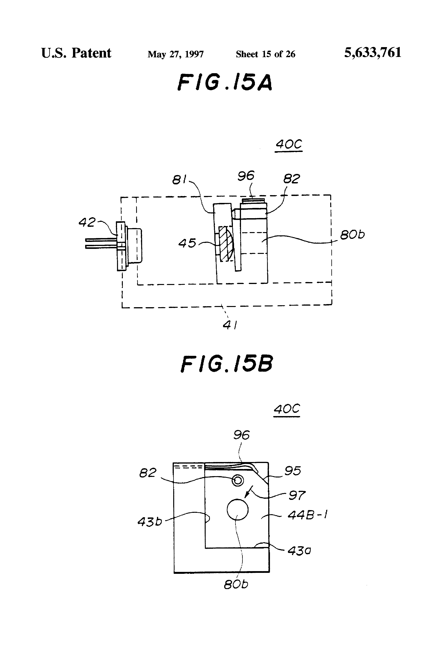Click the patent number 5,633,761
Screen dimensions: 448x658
click(373, 53)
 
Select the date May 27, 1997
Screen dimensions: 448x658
click(176, 54)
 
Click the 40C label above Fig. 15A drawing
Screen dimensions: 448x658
click(289, 144)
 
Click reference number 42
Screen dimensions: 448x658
click(87, 222)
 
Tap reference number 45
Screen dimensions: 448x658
click(187, 243)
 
